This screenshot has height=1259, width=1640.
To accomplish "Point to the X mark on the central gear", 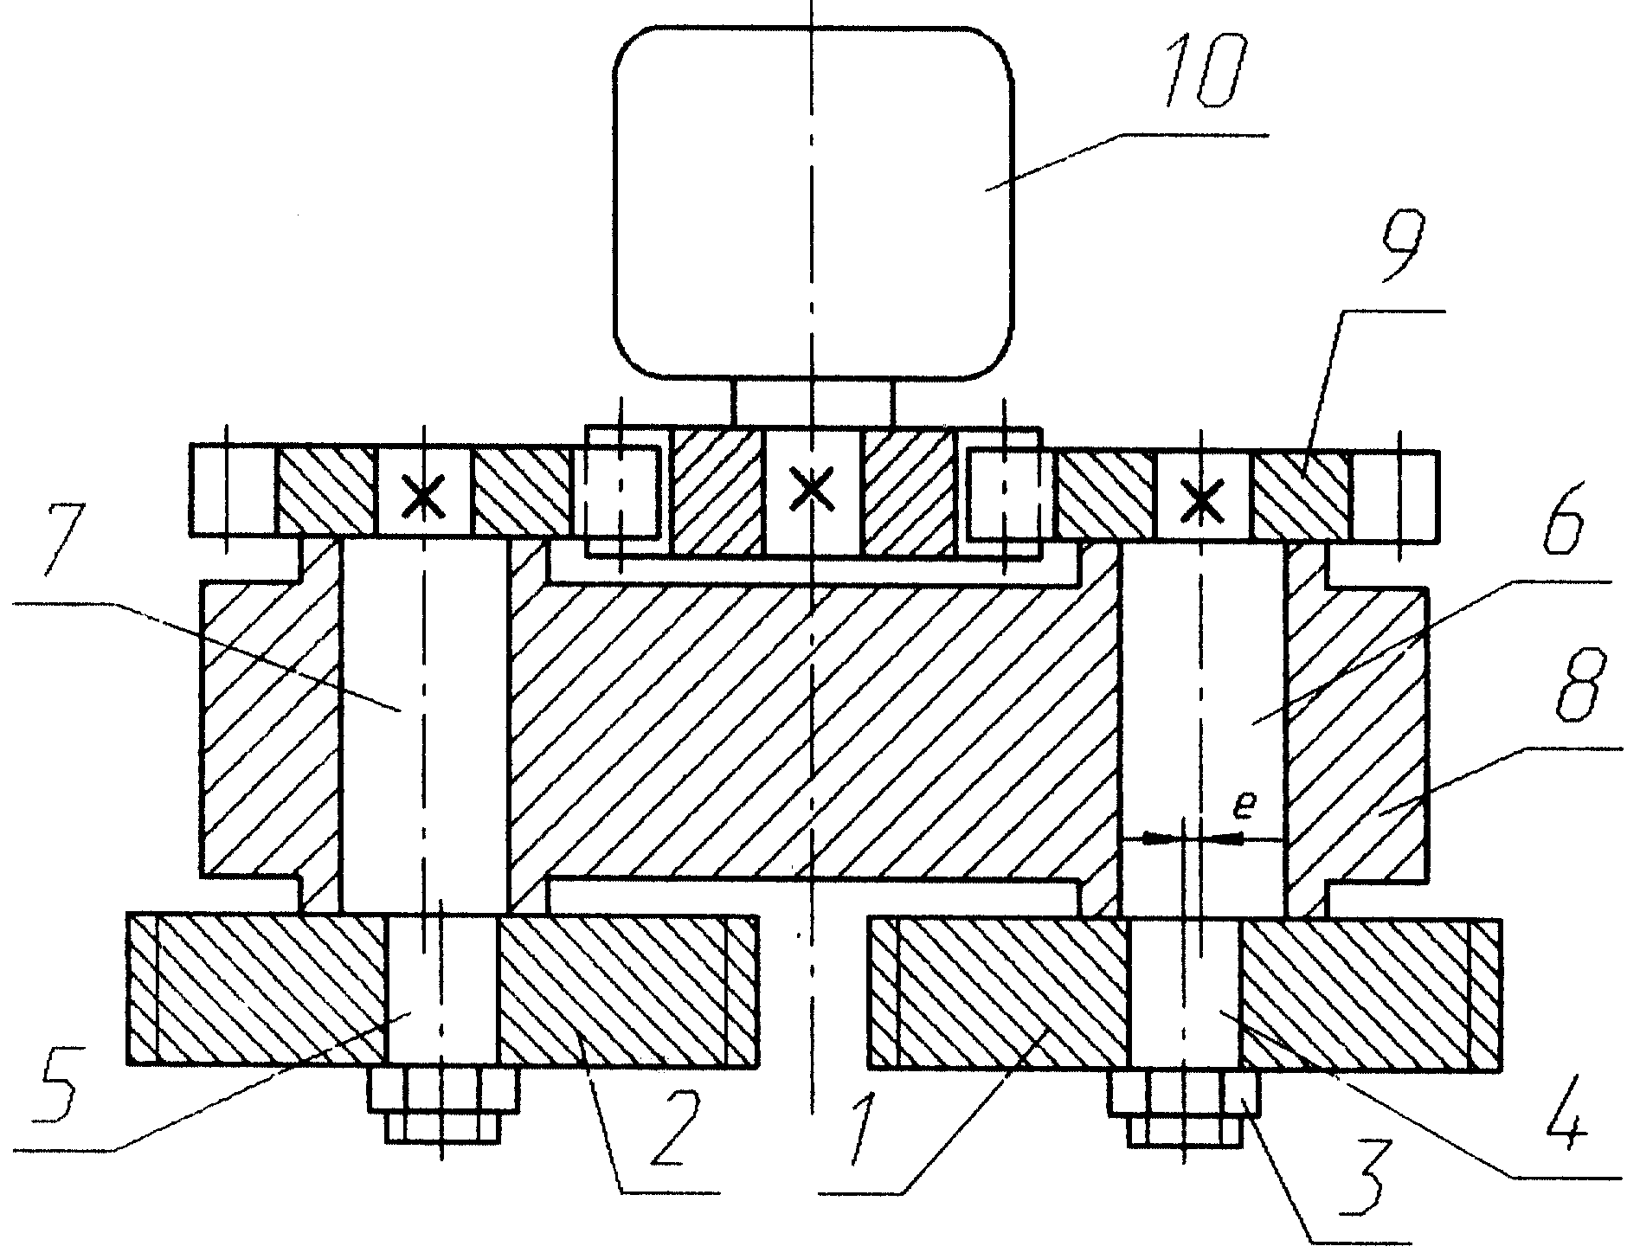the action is point(812,490).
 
